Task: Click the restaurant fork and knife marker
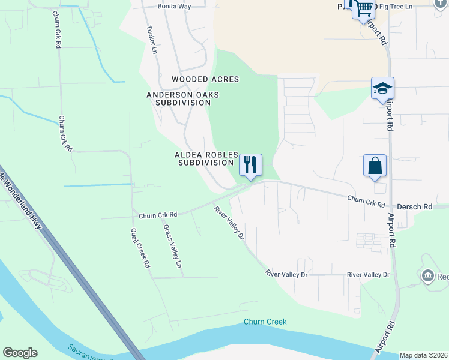click(x=250, y=164)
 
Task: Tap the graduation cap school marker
click(x=382, y=88)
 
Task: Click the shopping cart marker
click(x=363, y=8)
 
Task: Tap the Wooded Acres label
click(x=205, y=79)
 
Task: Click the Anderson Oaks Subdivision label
click(x=183, y=98)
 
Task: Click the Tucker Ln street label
click(x=151, y=40)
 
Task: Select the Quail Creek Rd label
click(x=140, y=248)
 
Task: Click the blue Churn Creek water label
click(x=265, y=322)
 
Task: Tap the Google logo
click(x=20, y=353)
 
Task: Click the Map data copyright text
click(x=424, y=355)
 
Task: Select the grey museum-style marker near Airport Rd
click(x=428, y=276)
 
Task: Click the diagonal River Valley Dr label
click(x=229, y=223)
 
